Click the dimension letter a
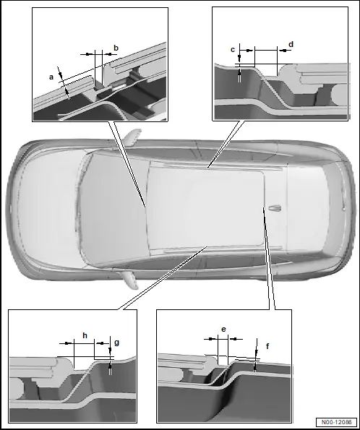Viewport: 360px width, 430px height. click(51, 77)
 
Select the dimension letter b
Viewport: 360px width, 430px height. click(116, 48)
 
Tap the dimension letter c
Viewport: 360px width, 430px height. click(233, 50)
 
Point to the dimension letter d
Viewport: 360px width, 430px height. click(291, 44)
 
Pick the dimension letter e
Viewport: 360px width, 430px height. click(223, 329)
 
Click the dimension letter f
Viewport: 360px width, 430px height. click(267, 346)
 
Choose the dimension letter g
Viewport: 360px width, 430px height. click(116, 343)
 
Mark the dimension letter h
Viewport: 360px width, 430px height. click(85, 335)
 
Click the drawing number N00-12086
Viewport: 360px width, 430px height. click(336, 422)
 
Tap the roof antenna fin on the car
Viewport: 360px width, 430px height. click(275, 208)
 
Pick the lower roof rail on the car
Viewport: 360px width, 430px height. click(222, 248)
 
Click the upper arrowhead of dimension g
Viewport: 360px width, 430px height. click(110, 351)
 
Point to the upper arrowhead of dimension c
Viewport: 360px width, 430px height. click(239, 58)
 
